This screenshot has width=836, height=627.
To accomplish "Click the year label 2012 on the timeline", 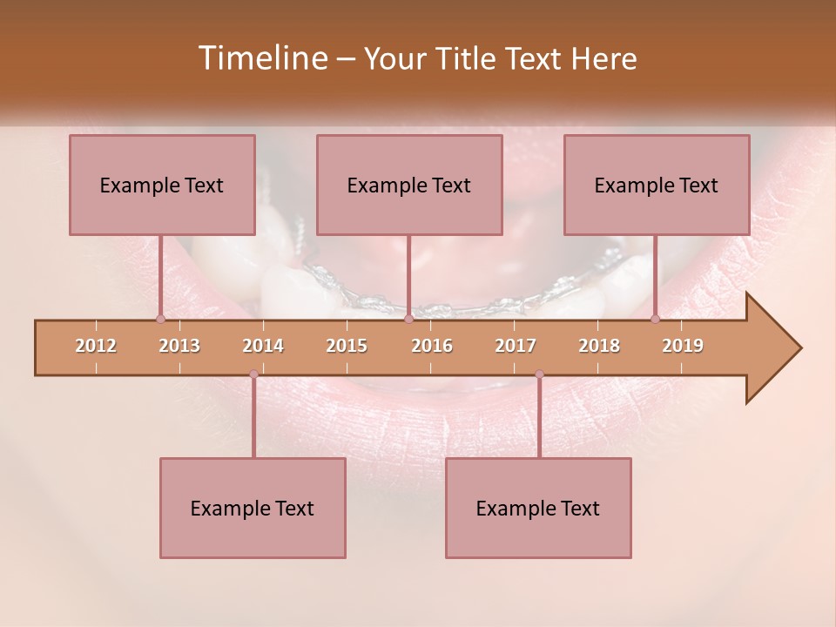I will point(96,346).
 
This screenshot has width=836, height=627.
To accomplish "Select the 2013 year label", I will point(179,346).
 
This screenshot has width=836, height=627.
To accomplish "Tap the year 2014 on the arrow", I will point(263,346).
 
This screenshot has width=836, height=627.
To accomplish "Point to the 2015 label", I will point(347,346).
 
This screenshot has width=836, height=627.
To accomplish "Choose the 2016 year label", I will point(432,346).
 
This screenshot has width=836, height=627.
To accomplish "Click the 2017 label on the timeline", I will point(516,346).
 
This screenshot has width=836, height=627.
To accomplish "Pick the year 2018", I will point(599,346).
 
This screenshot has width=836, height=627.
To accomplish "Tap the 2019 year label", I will point(683,346).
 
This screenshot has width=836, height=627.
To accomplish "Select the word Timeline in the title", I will point(260,58).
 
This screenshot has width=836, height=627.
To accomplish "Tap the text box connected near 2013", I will point(162,185).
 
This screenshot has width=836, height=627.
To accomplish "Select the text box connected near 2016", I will point(409,185).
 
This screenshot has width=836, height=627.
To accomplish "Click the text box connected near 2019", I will point(657,185).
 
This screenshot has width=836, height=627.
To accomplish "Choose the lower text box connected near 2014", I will point(253,508).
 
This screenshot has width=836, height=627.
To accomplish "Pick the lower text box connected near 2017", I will point(538,508).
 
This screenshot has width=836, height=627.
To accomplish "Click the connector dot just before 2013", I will point(160,320).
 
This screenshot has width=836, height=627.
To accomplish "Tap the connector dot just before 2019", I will point(655,320).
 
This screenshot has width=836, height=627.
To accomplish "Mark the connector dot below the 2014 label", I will point(253,374).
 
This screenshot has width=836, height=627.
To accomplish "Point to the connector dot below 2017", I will point(539,374).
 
